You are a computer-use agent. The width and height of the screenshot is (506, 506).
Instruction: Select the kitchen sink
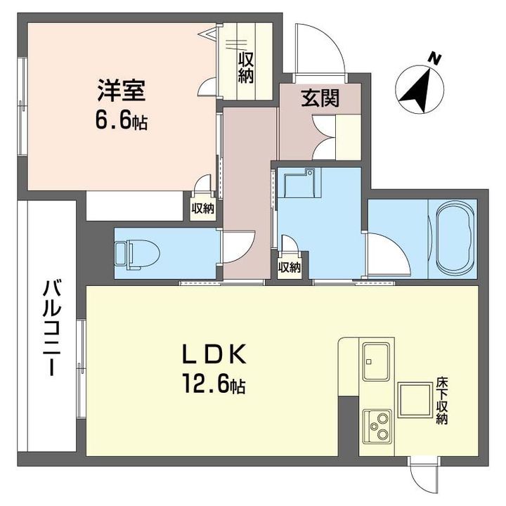tap(376, 361)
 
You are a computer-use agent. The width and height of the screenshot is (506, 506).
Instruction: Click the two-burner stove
tap(377, 428)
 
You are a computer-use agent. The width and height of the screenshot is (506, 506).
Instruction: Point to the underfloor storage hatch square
tap(415, 400)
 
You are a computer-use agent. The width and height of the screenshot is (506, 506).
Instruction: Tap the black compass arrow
tap(416, 91)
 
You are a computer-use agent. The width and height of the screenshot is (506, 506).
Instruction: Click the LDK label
tap(214, 354)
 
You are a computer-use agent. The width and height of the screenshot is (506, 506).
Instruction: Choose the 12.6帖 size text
tap(214, 384)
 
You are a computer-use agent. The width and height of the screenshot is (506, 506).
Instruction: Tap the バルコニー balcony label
tap(51, 328)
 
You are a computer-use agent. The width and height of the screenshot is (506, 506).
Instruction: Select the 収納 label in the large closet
tap(246, 67)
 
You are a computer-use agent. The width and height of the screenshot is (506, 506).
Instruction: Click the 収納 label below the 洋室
tap(203, 209)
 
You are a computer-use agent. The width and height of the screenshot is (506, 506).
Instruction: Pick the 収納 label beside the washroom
tap(290, 267)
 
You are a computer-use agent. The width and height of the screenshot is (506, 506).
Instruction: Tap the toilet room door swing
tap(239, 247)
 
